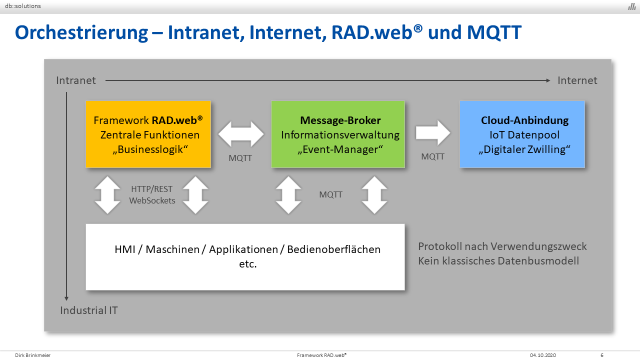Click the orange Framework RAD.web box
tap(148, 134)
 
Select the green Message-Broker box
tap(338, 134)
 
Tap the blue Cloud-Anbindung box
tap(522, 134)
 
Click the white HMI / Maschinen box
tap(245, 257)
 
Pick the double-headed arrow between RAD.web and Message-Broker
tap(241, 134)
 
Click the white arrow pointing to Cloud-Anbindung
tap(433, 133)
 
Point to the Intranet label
tap(76, 80)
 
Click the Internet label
tap(577, 80)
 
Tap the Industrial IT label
tap(89, 310)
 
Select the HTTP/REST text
tap(151, 189)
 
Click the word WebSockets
tap(152, 200)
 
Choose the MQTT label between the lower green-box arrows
tap(330, 194)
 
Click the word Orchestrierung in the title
tap(81, 33)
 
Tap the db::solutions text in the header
tap(23, 6)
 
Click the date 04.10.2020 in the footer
tap(543, 355)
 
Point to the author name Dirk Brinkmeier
tap(33, 355)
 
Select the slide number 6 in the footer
tap(602, 355)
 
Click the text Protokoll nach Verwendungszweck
tap(502, 246)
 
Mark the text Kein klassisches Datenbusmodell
tap(498, 261)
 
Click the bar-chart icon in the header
tap(631, 6)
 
